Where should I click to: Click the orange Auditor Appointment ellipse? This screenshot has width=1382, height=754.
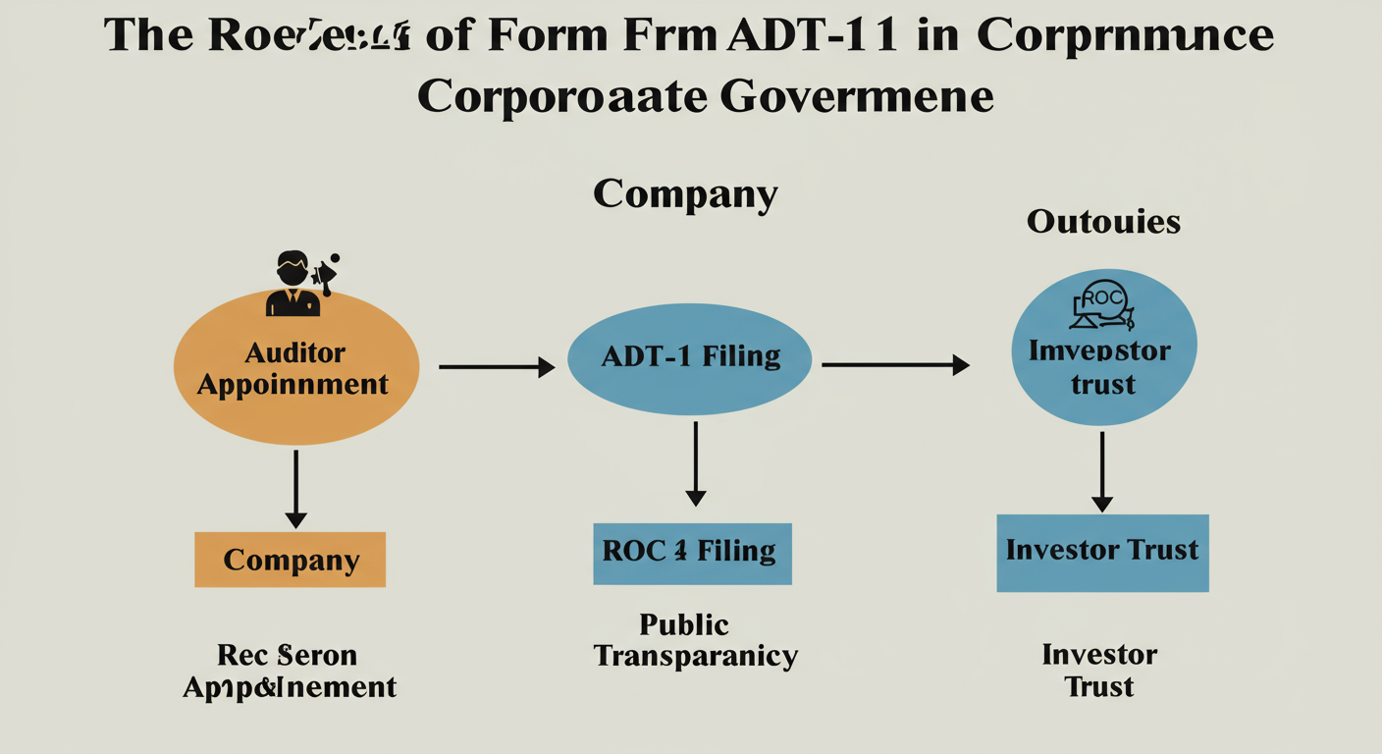pos(295,367)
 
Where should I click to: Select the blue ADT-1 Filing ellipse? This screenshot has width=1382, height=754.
pos(690,359)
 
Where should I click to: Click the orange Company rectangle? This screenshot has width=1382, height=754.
pos(290,560)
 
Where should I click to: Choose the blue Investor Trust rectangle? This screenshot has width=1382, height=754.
pos(1102,553)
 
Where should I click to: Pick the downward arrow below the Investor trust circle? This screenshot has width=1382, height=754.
pos(1102,471)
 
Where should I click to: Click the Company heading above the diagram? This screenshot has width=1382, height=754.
pos(685,193)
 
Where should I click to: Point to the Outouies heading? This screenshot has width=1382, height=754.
pos(1103,222)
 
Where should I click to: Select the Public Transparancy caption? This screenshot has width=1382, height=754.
pos(695,640)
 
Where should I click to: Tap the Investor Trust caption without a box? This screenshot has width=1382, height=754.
pos(1099,670)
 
